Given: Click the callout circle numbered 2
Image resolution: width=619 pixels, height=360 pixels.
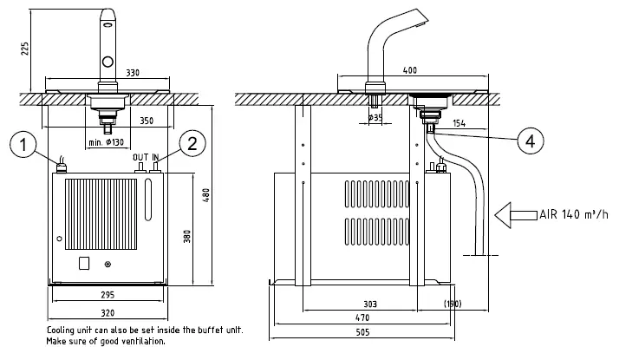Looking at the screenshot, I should (x=192, y=143).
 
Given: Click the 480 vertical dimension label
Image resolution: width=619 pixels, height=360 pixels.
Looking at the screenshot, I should (x=205, y=195).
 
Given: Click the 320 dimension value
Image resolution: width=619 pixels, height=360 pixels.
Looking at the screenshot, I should (x=107, y=314).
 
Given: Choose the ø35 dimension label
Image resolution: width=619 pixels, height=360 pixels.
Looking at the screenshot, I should (x=375, y=116).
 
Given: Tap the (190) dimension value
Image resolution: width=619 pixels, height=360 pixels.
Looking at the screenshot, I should (x=451, y=304).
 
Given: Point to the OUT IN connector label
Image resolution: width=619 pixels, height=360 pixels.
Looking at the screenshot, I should (x=147, y=157).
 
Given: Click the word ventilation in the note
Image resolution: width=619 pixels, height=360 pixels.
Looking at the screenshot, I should (x=137, y=341).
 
